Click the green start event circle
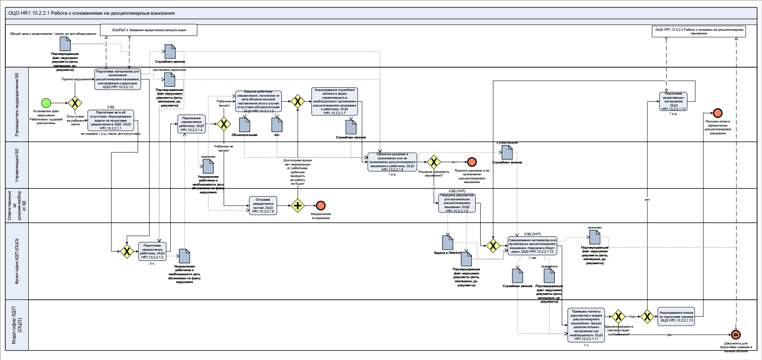point(46,103)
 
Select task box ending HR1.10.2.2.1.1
point(111,120)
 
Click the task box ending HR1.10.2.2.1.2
point(118,79)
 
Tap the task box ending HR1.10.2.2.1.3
point(152,251)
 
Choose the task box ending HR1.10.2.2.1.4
point(192,124)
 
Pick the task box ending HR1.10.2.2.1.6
point(263,206)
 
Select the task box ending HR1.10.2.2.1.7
point(335,101)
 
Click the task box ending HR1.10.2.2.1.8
point(392,162)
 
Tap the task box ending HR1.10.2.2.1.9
point(457,203)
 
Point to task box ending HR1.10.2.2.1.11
point(586,325)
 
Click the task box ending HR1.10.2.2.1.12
point(673,102)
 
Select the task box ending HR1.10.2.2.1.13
point(676,317)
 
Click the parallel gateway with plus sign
point(298,206)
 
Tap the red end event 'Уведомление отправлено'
point(321,206)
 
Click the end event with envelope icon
point(736,335)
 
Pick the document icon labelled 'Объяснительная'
point(244,125)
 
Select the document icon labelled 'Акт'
point(277,125)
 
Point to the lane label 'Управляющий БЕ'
point(17,165)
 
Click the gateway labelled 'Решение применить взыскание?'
point(434,162)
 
